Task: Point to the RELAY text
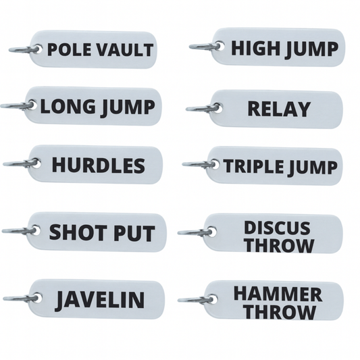(x=278, y=109)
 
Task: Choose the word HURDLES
(x=98, y=165)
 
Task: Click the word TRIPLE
(x=253, y=166)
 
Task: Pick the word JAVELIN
(x=100, y=299)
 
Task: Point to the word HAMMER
(x=278, y=294)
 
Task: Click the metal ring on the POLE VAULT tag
(x=25, y=49)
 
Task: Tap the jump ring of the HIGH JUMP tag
(x=206, y=47)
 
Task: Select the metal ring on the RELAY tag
(x=203, y=107)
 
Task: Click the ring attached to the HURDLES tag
(x=21, y=163)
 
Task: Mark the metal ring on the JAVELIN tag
(x=21, y=298)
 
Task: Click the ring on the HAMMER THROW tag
(x=196, y=299)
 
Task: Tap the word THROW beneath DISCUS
(x=279, y=245)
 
